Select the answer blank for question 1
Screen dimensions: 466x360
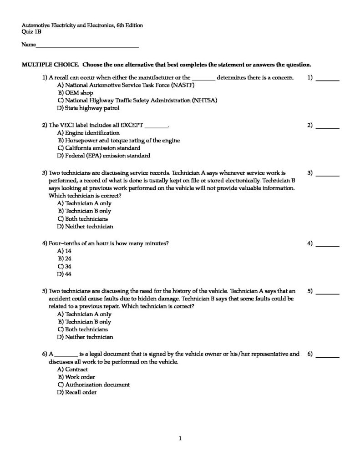327,80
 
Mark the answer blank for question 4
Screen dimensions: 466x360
327,246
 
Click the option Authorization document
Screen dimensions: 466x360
97,385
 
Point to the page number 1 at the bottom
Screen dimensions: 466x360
180,439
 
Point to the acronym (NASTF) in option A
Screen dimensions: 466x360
172,85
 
